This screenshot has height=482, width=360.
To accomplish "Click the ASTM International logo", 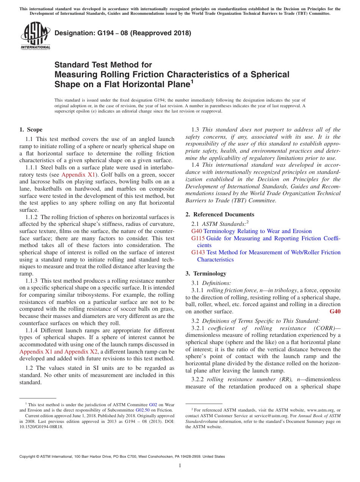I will [35, 36].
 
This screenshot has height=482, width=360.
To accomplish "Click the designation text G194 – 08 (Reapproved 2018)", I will [123, 33].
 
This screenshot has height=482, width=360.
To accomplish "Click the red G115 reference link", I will [198, 238].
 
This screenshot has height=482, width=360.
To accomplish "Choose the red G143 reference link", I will [198, 252].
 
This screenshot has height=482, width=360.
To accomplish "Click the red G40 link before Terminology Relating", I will [197, 231].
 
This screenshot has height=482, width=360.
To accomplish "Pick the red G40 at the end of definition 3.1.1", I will [335, 311].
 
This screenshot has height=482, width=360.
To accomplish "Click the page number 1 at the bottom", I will [180, 466].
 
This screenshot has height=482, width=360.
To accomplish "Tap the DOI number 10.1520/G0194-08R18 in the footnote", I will [41, 427].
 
